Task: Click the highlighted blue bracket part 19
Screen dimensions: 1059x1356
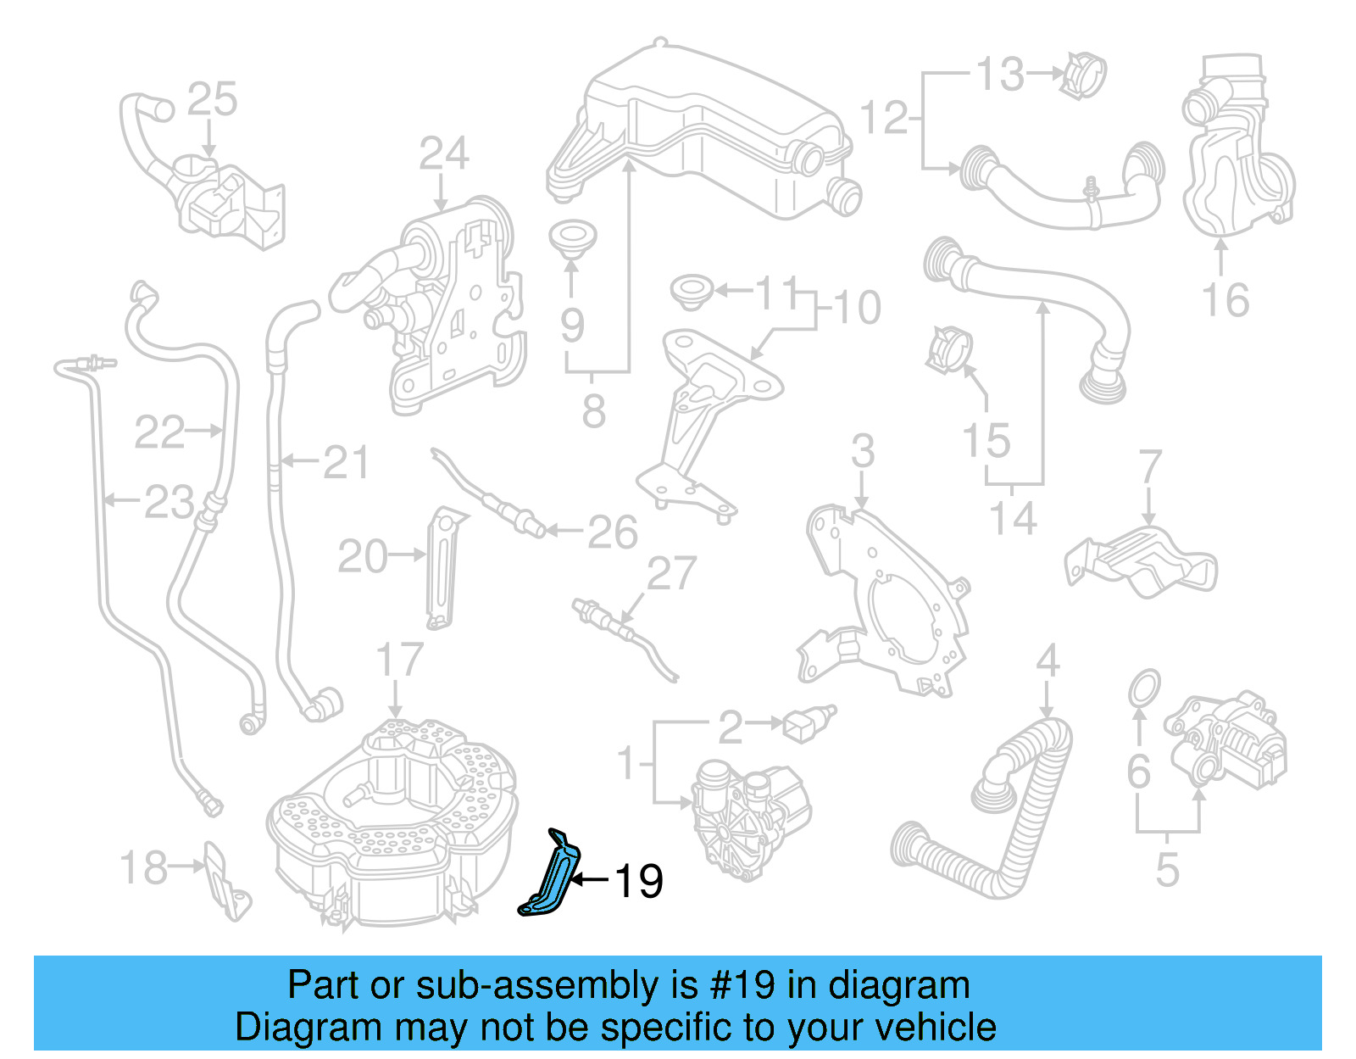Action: pos(551,878)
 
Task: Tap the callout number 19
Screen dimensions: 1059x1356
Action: pos(638,882)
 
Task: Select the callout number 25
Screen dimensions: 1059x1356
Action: pos(212,100)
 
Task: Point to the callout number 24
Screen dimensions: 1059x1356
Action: pos(443,154)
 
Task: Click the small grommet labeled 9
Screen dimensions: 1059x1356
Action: pos(572,237)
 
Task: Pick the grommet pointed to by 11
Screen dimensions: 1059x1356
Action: pos(691,290)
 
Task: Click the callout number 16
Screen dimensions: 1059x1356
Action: pos(1225,300)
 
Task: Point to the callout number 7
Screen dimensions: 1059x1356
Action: pos(1149,466)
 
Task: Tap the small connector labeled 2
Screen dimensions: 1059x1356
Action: pos(809,722)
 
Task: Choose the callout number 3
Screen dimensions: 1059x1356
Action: pos(863,450)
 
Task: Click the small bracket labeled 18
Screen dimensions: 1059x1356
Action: pos(227,882)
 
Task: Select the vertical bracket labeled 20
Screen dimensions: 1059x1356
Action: pos(442,568)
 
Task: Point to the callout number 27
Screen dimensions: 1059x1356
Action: pos(671,574)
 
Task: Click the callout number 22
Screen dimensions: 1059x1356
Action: pos(159,432)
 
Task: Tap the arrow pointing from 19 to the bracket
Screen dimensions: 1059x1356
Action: pos(588,880)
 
